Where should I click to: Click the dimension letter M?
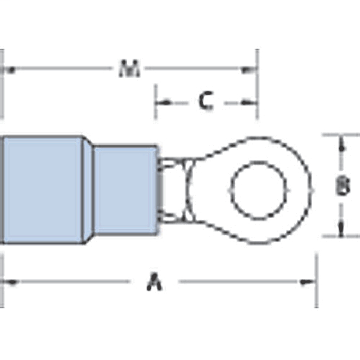(130, 68)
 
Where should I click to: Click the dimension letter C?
(206, 101)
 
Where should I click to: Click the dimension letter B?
(343, 186)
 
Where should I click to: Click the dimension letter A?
(154, 282)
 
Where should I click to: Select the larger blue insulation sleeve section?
(43, 189)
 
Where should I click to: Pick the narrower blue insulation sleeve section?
(125, 189)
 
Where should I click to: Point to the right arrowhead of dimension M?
(251, 68)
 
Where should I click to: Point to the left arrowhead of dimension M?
(9, 68)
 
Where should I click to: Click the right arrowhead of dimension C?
(251, 102)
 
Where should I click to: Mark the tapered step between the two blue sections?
(88, 189)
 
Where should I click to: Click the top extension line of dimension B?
(339, 135)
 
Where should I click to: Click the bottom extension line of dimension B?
(339, 237)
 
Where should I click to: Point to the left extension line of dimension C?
(155, 103)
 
